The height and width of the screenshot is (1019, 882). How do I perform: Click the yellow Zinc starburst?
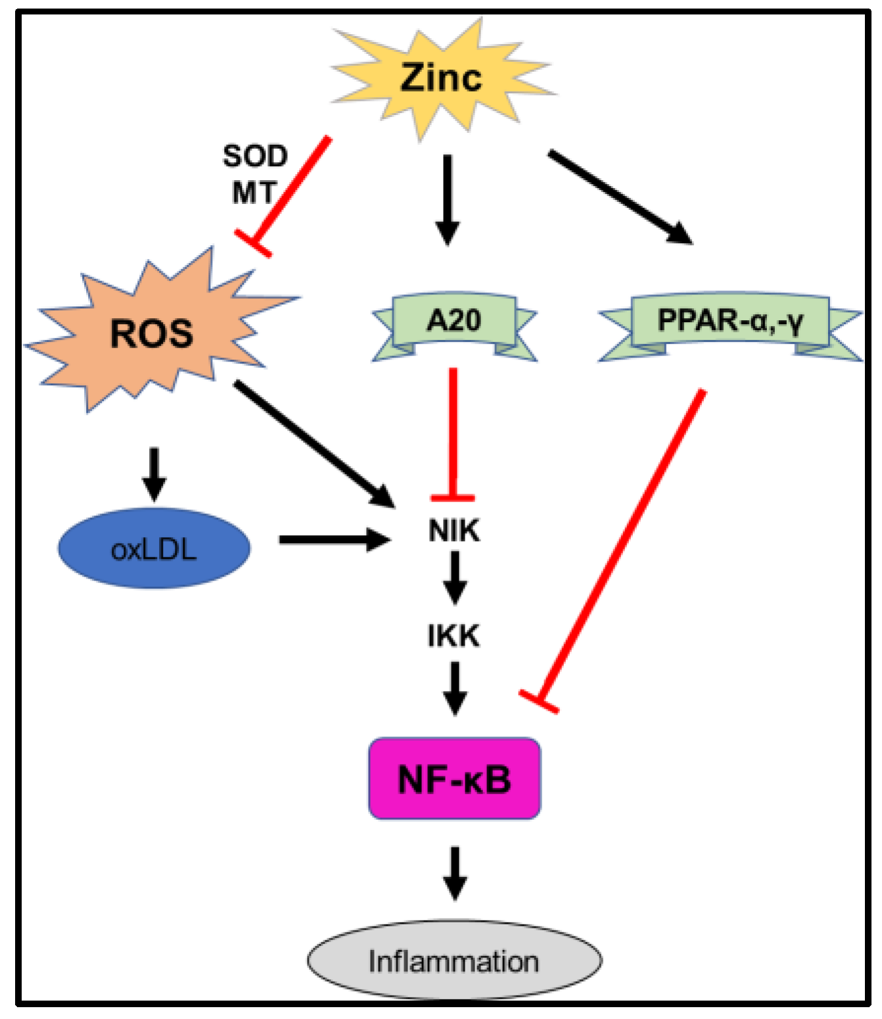[x=441, y=78]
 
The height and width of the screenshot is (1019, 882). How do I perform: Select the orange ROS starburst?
[x=152, y=332]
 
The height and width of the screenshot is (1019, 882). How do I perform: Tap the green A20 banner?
[x=454, y=321]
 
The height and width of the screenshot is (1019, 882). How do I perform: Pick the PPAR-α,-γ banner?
[x=730, y=321]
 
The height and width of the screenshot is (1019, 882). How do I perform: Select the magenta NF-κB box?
[x=454, y=779]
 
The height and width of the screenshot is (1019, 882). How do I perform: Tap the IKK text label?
[x=454, y=636]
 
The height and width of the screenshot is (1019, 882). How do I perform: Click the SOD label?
[x=255, y=156]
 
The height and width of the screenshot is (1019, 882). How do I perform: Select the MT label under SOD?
[x=254, y=193]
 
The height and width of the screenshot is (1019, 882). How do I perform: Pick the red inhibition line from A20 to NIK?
[x=453, y=434]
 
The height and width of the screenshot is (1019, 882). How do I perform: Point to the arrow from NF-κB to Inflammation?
[x=455, y=873]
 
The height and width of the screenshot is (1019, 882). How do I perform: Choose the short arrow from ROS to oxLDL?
[x=154, y=473]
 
